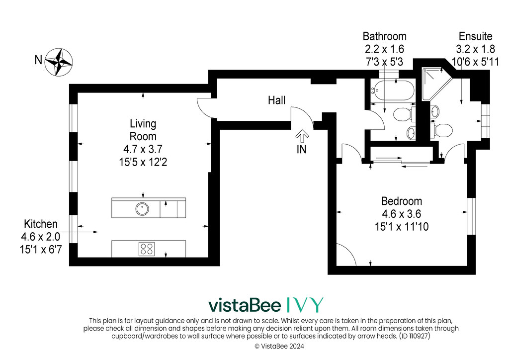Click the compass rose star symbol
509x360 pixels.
pyautogui.click(x=59, y=62)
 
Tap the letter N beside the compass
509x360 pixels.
pyautogui.click(x=38, y=60)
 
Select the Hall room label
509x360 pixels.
pyautogui.click(x=276, y=100)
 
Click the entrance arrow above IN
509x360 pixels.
pyautogui.click(x=302, y=136)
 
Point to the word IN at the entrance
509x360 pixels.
pyautogui.click(x=302, y=149)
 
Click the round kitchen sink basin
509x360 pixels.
pyautogui.click(x=142, y=209)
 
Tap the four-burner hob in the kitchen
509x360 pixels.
pyautogui.click(x=147, y=249)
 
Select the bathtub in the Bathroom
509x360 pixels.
pyautogui.click(x=393, y=91)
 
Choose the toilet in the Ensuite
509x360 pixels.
pyautogui.click(x=441, y=130)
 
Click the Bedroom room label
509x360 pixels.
pyautogui.click(x=402, y=201)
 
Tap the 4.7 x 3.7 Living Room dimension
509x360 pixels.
pyautogui.click(x=143, y=149)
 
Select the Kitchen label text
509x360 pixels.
pyautogui.click(x=41, y=224)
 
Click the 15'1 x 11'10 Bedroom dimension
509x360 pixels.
pyautogui.click(x=402, y=227)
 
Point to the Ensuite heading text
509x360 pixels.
pyautogui.click(x=476, y=36)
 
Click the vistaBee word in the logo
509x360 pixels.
pyautogui.click(x=245, y=305)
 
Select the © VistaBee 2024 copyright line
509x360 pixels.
pyautogui.click(x=279, y=347)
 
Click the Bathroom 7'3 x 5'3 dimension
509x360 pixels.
pyautogui.click(x=385, y=62)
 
